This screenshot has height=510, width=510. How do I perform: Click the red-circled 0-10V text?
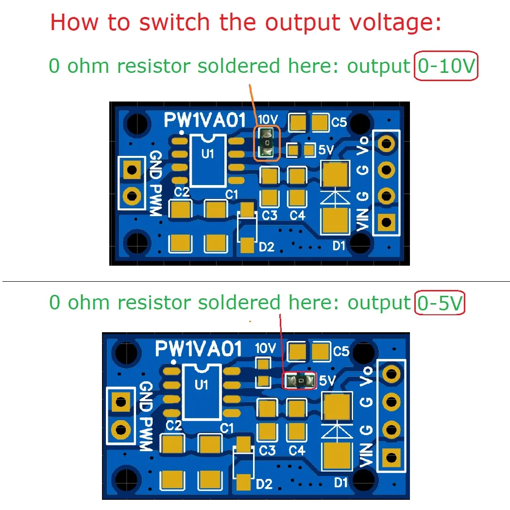tap(446, 66)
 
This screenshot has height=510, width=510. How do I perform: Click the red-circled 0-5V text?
tap(440, 303)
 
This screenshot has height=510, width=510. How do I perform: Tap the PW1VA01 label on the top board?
tap(204, 119)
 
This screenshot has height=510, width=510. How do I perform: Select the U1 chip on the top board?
tap(208, 160)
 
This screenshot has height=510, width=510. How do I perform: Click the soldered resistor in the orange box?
tap(267, 143)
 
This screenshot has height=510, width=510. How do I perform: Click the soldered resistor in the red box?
tap(300, 381)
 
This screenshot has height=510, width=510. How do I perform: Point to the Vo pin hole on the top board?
tap(386, 143)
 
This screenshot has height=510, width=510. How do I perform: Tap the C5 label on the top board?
tap(339, 123)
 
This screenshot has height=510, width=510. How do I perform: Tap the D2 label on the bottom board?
tap(265, 484)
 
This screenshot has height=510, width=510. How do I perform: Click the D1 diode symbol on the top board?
tap(335, 196)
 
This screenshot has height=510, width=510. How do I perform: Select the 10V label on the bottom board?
tap(265, 348)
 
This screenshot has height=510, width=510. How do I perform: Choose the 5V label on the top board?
tap(325, 150)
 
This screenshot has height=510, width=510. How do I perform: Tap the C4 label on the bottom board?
tap(297, 451)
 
